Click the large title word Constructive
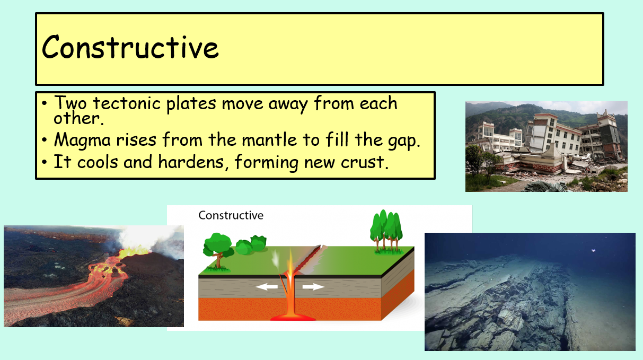click(x=130, y=47)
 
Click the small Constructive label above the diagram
click(x=231, y=215)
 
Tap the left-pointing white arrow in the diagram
click(x=267, y=286)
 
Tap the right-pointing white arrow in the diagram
click(x=313, y=286)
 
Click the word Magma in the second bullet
click(x=82, y=140)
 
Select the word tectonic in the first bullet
click(x=127, y=103)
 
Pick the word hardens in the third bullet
click(x=191, y=161)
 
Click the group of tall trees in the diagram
click(x=386, y=231)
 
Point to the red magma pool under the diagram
click(x=293, y=318)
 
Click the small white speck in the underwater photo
click(x=593, y=251)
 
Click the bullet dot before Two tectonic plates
click(x=44, y=103)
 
